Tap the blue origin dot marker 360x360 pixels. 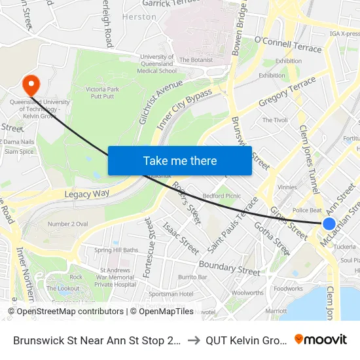pos(329,224)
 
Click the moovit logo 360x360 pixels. pos(321,339)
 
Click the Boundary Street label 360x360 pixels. pos(229,267)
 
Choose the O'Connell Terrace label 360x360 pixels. pos(288,44)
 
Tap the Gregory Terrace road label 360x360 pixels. pos(287,93)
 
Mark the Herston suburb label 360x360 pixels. pos(139,17)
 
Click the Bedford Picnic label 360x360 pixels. pos(223,196)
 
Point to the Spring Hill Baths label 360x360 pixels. pos(117,250)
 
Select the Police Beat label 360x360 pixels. pos(307,210)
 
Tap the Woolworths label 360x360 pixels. pos(247,293)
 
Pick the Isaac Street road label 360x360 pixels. pos(181,239)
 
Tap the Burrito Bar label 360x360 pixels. pos(192,278)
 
